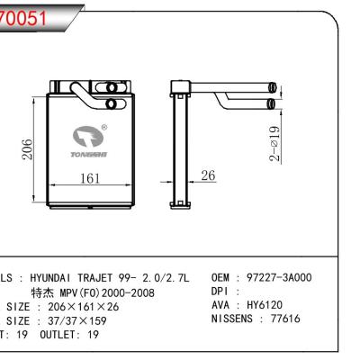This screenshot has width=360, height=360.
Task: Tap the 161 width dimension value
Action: coord(90,179)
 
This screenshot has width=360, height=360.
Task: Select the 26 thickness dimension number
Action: coord(208,176)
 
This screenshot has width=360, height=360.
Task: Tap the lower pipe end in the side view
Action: coord(273,106)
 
